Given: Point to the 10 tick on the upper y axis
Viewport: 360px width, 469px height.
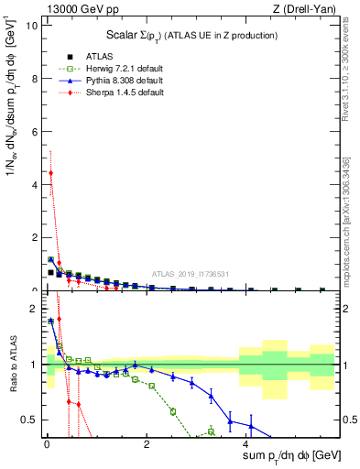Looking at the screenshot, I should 32,25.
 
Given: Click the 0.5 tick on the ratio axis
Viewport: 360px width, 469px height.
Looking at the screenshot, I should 30,420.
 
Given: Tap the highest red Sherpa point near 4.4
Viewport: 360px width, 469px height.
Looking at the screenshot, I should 50,172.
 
